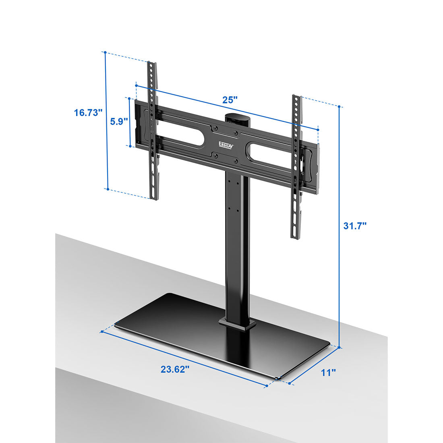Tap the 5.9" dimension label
119,121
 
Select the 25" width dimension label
230,100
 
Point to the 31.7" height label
354,226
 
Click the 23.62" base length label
175,369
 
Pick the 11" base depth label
328,372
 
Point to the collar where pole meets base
237,325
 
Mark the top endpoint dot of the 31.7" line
339,107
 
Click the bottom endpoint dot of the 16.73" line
108,188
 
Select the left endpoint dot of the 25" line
137,86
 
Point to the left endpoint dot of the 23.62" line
102,331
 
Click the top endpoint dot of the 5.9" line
129,97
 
